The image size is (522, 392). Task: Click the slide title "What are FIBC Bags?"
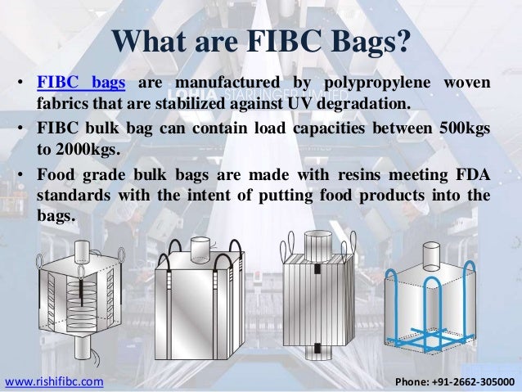[x=260, y=42]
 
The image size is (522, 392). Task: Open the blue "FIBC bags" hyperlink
[x=80, y=85]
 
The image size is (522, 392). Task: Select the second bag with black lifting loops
[x=196, y=295]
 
